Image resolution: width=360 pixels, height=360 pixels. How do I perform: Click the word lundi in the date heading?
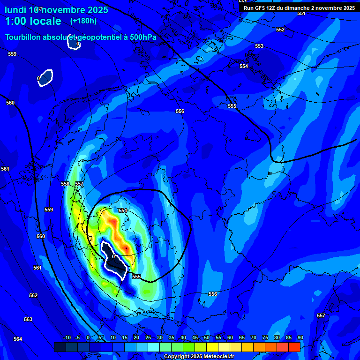15,10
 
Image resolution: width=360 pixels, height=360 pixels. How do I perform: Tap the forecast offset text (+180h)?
83,21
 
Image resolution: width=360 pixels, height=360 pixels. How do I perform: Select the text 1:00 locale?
33,21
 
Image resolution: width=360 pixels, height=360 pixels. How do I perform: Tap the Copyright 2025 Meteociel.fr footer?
199,356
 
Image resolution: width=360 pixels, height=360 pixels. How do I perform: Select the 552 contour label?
280,30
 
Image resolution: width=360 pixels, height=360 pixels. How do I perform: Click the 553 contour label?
259,46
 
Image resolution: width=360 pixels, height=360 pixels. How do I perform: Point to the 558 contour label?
65,184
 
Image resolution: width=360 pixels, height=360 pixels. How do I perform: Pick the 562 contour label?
33,295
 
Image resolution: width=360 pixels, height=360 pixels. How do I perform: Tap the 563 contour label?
28,319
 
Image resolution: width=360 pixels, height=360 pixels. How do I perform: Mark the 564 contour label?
18,339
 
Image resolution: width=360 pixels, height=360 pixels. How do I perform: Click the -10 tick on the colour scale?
67,337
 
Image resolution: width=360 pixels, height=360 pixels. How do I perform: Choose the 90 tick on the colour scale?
300,337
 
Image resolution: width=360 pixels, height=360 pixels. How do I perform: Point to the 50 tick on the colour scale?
206,337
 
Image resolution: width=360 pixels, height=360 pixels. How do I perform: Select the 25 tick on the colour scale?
148,337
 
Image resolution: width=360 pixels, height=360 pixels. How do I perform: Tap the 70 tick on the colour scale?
253,337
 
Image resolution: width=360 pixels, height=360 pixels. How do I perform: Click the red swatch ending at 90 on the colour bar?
294,347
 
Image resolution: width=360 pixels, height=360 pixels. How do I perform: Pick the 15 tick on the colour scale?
124,337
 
